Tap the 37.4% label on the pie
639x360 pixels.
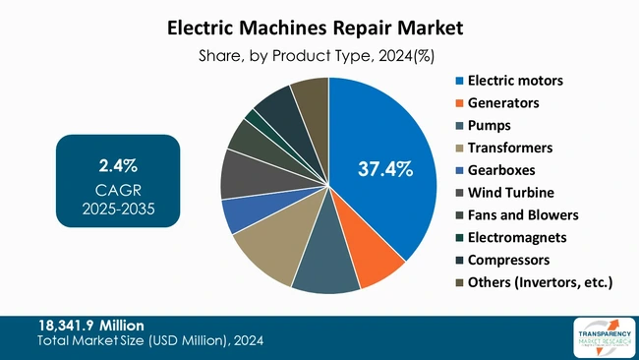[384, 170]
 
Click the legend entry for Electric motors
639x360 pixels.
[518, 80]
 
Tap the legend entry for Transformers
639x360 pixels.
[510, 148]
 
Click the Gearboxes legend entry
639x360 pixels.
[503, 170]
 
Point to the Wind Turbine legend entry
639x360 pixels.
[511, 193]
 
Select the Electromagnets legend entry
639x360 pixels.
[516, 238]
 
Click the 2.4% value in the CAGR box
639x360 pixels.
[118, 163]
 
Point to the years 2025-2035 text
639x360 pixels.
[118, 209]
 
